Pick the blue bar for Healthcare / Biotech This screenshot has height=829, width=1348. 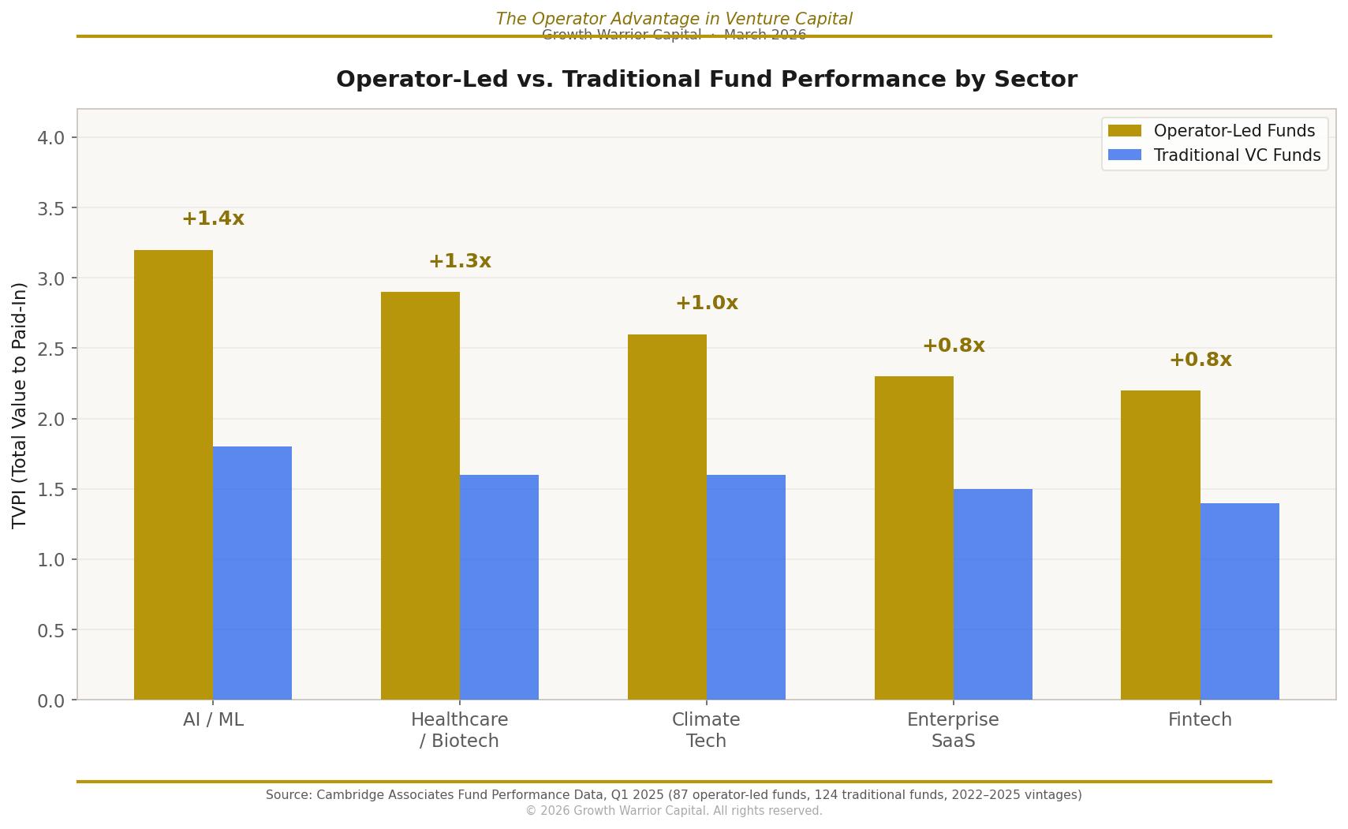coord(499,587)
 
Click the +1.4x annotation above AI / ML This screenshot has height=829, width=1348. coord(213,218)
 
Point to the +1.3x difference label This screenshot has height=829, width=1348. coord(460,261)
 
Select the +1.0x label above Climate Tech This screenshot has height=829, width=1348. coord(707,303)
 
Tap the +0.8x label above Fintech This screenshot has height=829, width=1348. coord(1200,360)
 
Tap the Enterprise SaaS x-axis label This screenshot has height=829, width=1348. coord(953,730)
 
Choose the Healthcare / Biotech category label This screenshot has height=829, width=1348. coord(460,730)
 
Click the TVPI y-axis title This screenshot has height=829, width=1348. coord(20,405)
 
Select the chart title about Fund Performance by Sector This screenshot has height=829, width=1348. coord(706,80)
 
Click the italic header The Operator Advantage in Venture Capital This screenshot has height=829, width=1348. coord(674,18)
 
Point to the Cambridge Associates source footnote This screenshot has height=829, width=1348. coord(674,795)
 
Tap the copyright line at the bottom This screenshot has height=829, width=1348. coord(674,811)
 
